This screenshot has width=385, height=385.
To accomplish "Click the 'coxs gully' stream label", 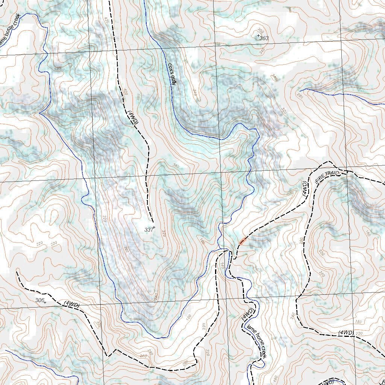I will [172, 74].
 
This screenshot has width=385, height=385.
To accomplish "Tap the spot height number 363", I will [264, 38].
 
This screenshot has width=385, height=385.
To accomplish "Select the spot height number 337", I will [149, 229].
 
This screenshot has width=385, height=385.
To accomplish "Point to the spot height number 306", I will [39, 300].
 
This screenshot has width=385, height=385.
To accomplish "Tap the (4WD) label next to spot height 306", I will [71, 304].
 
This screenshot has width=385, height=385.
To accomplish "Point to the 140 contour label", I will [222, 265].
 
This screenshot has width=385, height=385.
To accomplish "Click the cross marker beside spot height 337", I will [154, 227].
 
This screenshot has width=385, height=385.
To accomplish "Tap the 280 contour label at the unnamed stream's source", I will [300, 95].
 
